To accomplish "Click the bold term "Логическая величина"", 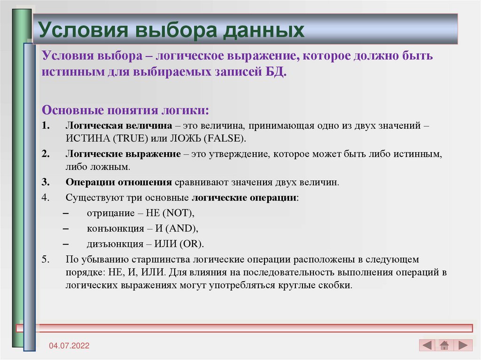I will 120,127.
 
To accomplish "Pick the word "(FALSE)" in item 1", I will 227,139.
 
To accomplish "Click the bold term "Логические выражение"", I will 123,154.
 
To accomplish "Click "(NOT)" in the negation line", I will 178,213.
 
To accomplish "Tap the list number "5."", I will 45,260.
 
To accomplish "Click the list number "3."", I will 45,182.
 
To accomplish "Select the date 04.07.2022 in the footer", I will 70,346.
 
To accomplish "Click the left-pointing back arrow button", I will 427,345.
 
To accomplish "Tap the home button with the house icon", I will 444,345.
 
